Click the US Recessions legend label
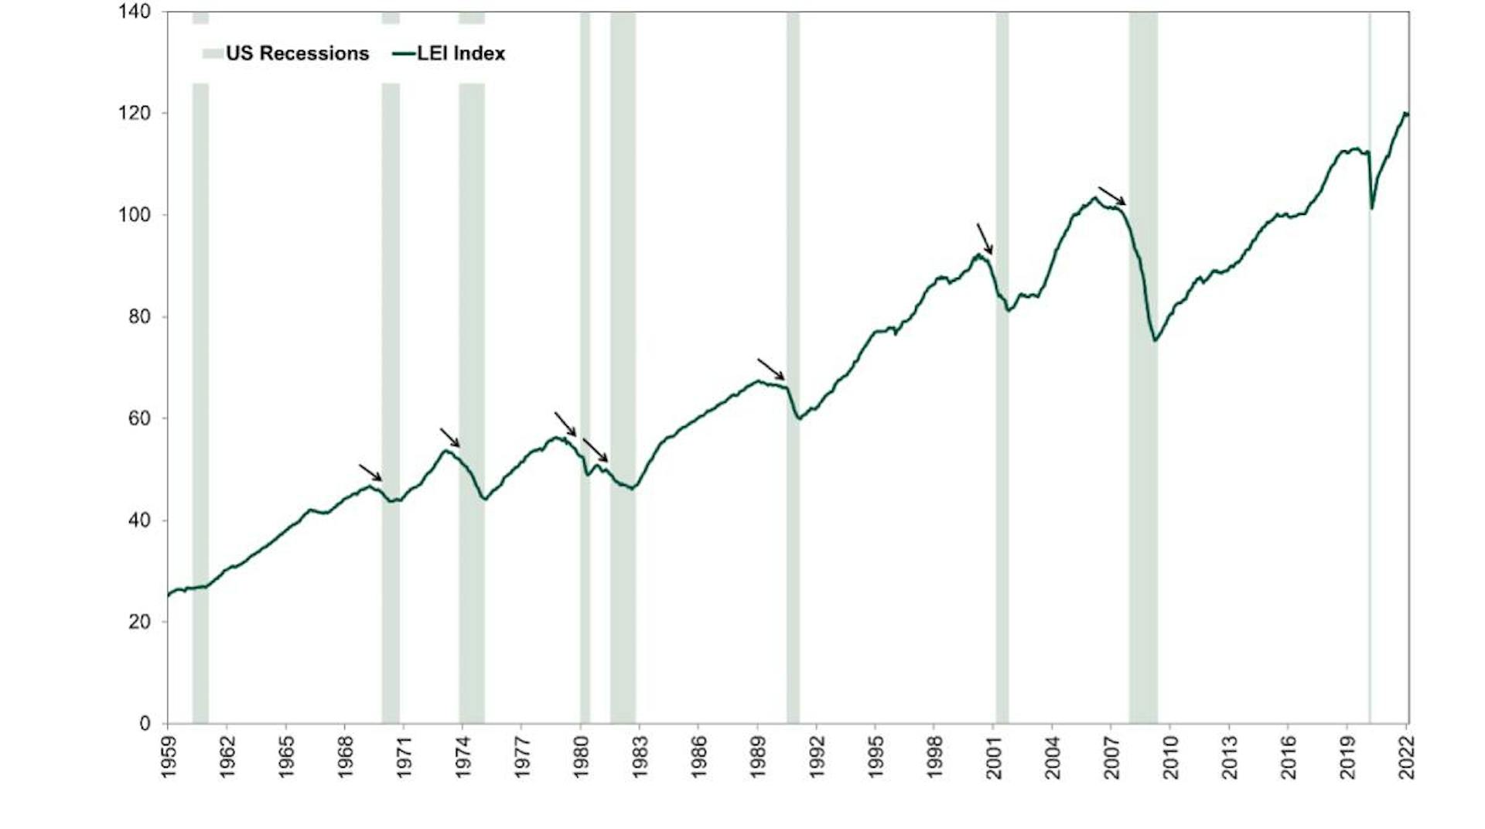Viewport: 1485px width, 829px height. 297,53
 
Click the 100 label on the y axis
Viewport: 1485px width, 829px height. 135,215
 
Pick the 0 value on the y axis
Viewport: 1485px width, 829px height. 145,724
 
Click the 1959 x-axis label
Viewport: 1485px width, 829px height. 169,757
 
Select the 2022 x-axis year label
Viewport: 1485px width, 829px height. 1407,757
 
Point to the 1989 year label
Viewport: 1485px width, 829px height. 759,757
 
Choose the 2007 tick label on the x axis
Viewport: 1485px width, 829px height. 1112,757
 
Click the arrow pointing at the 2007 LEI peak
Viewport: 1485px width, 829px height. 1112,196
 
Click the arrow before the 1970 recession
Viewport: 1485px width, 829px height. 370,472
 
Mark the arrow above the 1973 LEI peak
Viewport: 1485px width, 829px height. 450,437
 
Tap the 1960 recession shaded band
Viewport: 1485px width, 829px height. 200,387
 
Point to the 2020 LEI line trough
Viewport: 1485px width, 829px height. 1372,208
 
